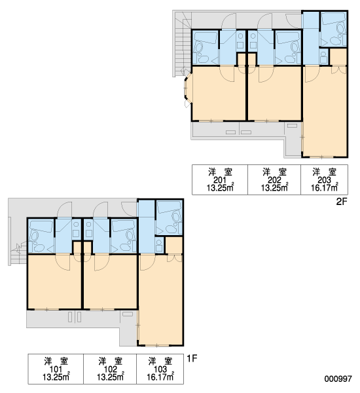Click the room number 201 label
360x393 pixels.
(220, 179)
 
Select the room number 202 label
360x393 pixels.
(274, 179)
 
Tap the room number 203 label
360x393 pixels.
(324, 179)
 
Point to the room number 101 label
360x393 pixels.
(56, 369)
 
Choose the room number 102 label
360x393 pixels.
(110, 369)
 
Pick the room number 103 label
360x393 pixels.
(160, 369)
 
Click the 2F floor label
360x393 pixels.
(342, 201)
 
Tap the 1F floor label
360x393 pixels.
(192, 358)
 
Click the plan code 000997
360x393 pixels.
(338, 379)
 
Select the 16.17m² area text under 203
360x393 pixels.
(325, 187)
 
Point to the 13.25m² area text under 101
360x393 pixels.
(56, 377)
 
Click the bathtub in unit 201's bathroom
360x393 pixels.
(205, 38)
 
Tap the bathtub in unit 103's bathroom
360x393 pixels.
(168, 207)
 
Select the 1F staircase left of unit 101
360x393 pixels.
(18, 253)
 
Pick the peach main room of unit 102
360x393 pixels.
(110, 282)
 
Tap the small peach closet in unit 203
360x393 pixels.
(338, 57)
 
